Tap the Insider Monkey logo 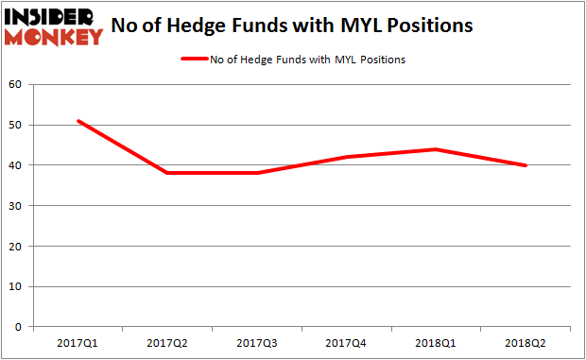(x=54, y=26)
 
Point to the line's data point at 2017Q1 (x=78, y=121)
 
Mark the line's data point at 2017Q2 (x=167, y=173)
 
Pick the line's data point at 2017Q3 (x=257, y=173)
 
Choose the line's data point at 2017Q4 (x=347, y=157)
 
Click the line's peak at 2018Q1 (x=437, y=149)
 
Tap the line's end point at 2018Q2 (x=526, y=165)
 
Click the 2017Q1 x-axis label (x=78, y=342)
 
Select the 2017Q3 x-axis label (x=257, y=342)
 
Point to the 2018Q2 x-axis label (x=526, y=342)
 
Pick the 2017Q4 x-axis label (x=347, y=342)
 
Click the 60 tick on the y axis (x=17, y=85)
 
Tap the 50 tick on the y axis (x=17, y=126)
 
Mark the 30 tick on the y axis (x=17, y=206)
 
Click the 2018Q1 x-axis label (x=437, y=342)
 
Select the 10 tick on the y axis (x=17, y=286)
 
